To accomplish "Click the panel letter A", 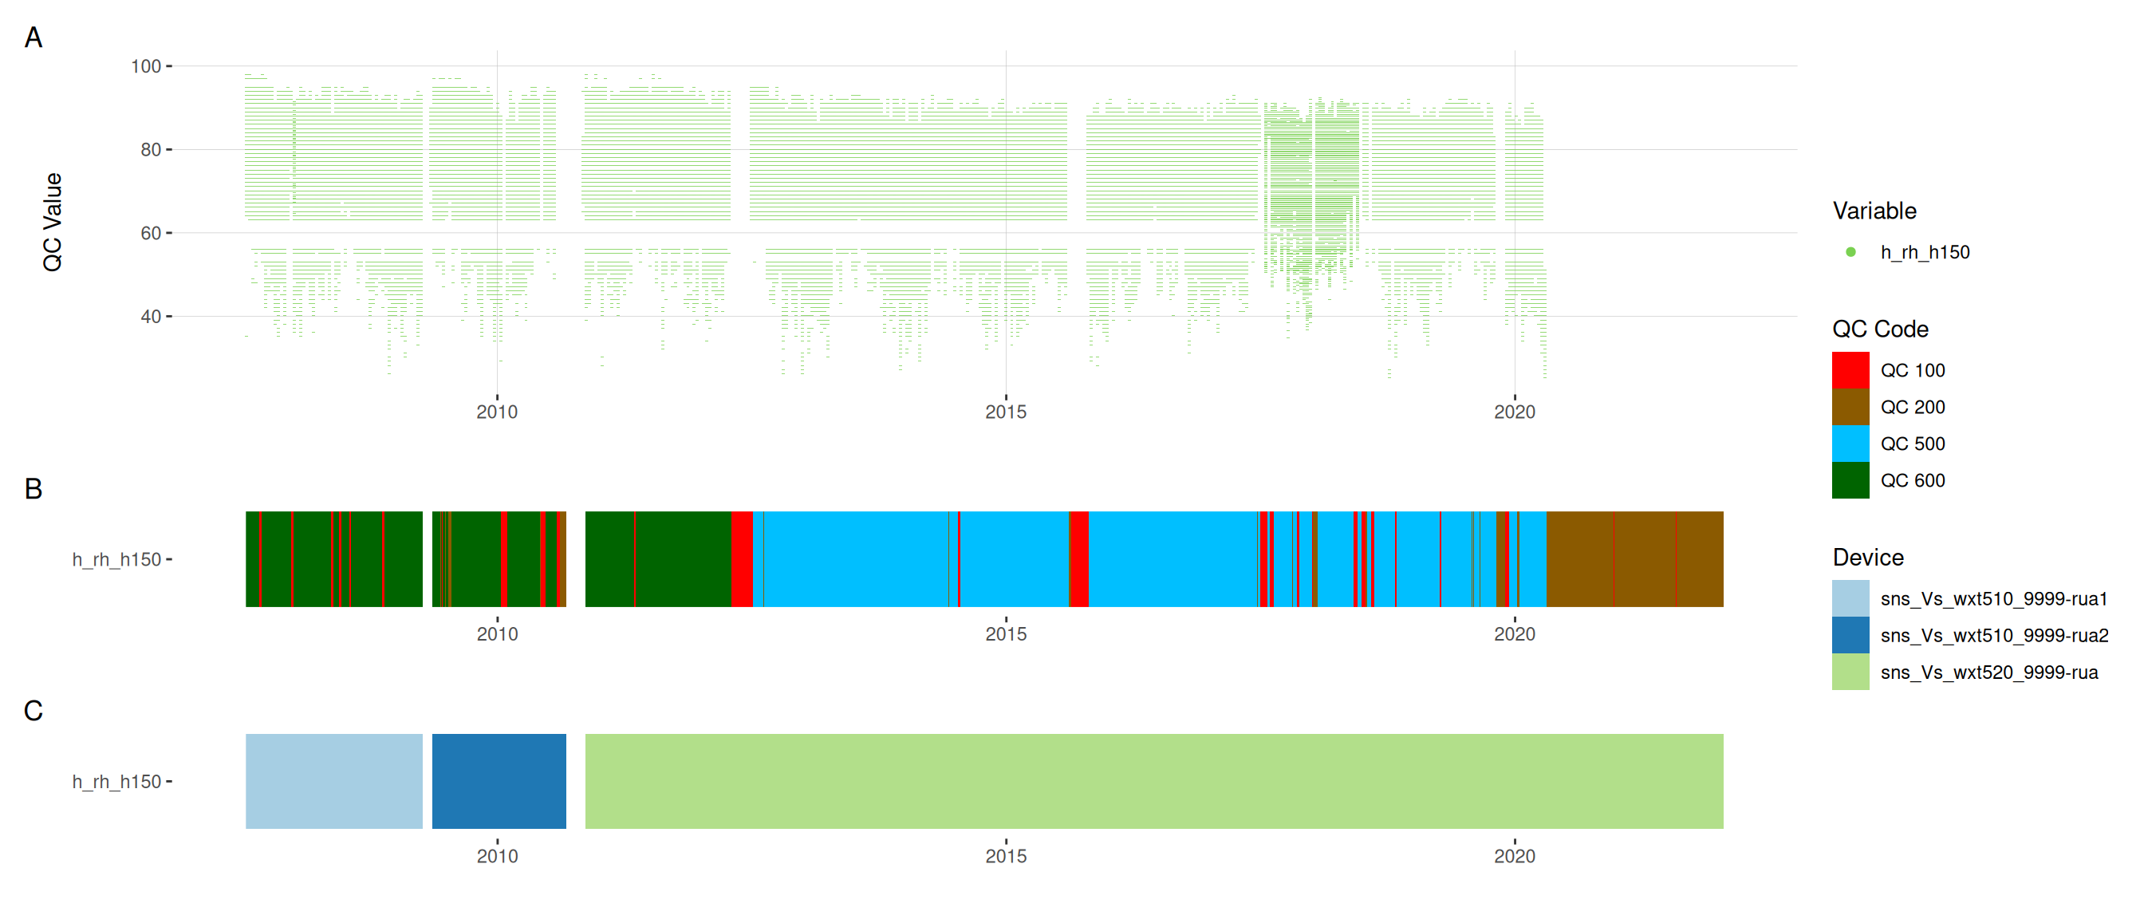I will [33, 37].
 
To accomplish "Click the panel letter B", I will [33, 489].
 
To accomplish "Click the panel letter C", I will [33, 711].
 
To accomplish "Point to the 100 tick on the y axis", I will [146, 65].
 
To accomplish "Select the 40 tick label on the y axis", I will [151, 317].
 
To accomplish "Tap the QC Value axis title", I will [53, 223].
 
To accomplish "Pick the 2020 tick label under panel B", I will [1514, 634].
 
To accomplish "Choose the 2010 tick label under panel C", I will [497, 857].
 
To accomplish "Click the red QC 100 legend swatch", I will [1850, 370].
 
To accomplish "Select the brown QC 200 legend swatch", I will [1850, 407].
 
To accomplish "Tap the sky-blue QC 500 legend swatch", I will [1850, 444].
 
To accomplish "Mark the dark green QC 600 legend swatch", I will [1850, 480].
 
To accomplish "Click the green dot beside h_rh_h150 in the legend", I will [1850, 252].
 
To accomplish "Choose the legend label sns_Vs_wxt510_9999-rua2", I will [1994, 636].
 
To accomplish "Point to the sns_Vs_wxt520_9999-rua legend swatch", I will [1850, 672].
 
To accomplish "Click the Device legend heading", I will [1868, 558].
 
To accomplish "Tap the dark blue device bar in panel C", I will [499, 781].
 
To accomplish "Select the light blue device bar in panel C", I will [333, 781].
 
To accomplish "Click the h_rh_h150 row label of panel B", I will [116, 559].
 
